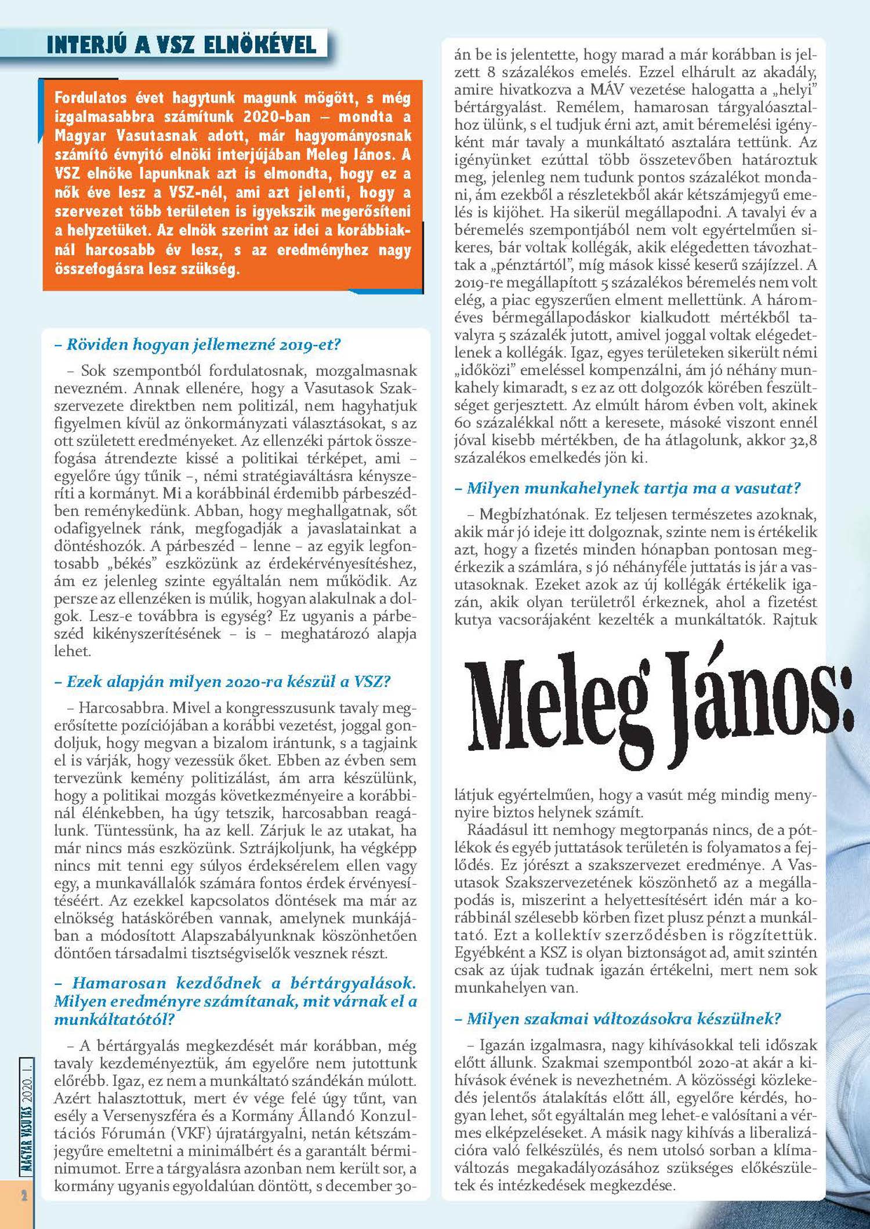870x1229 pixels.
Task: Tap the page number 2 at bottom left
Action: coord(24,1195)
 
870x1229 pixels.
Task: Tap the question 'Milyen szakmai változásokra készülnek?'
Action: coord(624,1019)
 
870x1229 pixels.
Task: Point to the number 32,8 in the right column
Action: coord(803,440)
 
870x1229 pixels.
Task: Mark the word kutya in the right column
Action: coord(473,620)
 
